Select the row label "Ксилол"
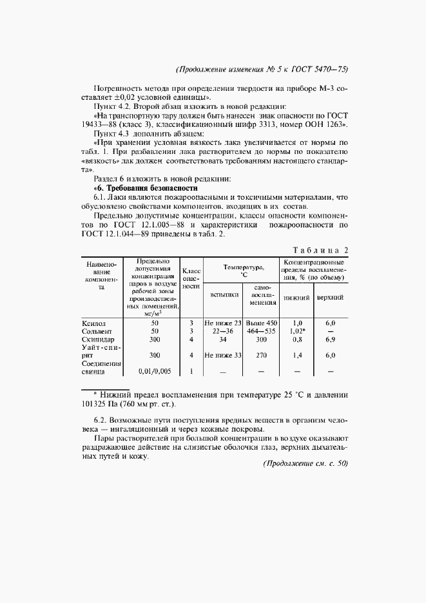93,322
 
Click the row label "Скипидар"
98,338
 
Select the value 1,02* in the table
297,330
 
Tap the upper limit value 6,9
331,338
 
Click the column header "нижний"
297,298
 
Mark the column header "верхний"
330,298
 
